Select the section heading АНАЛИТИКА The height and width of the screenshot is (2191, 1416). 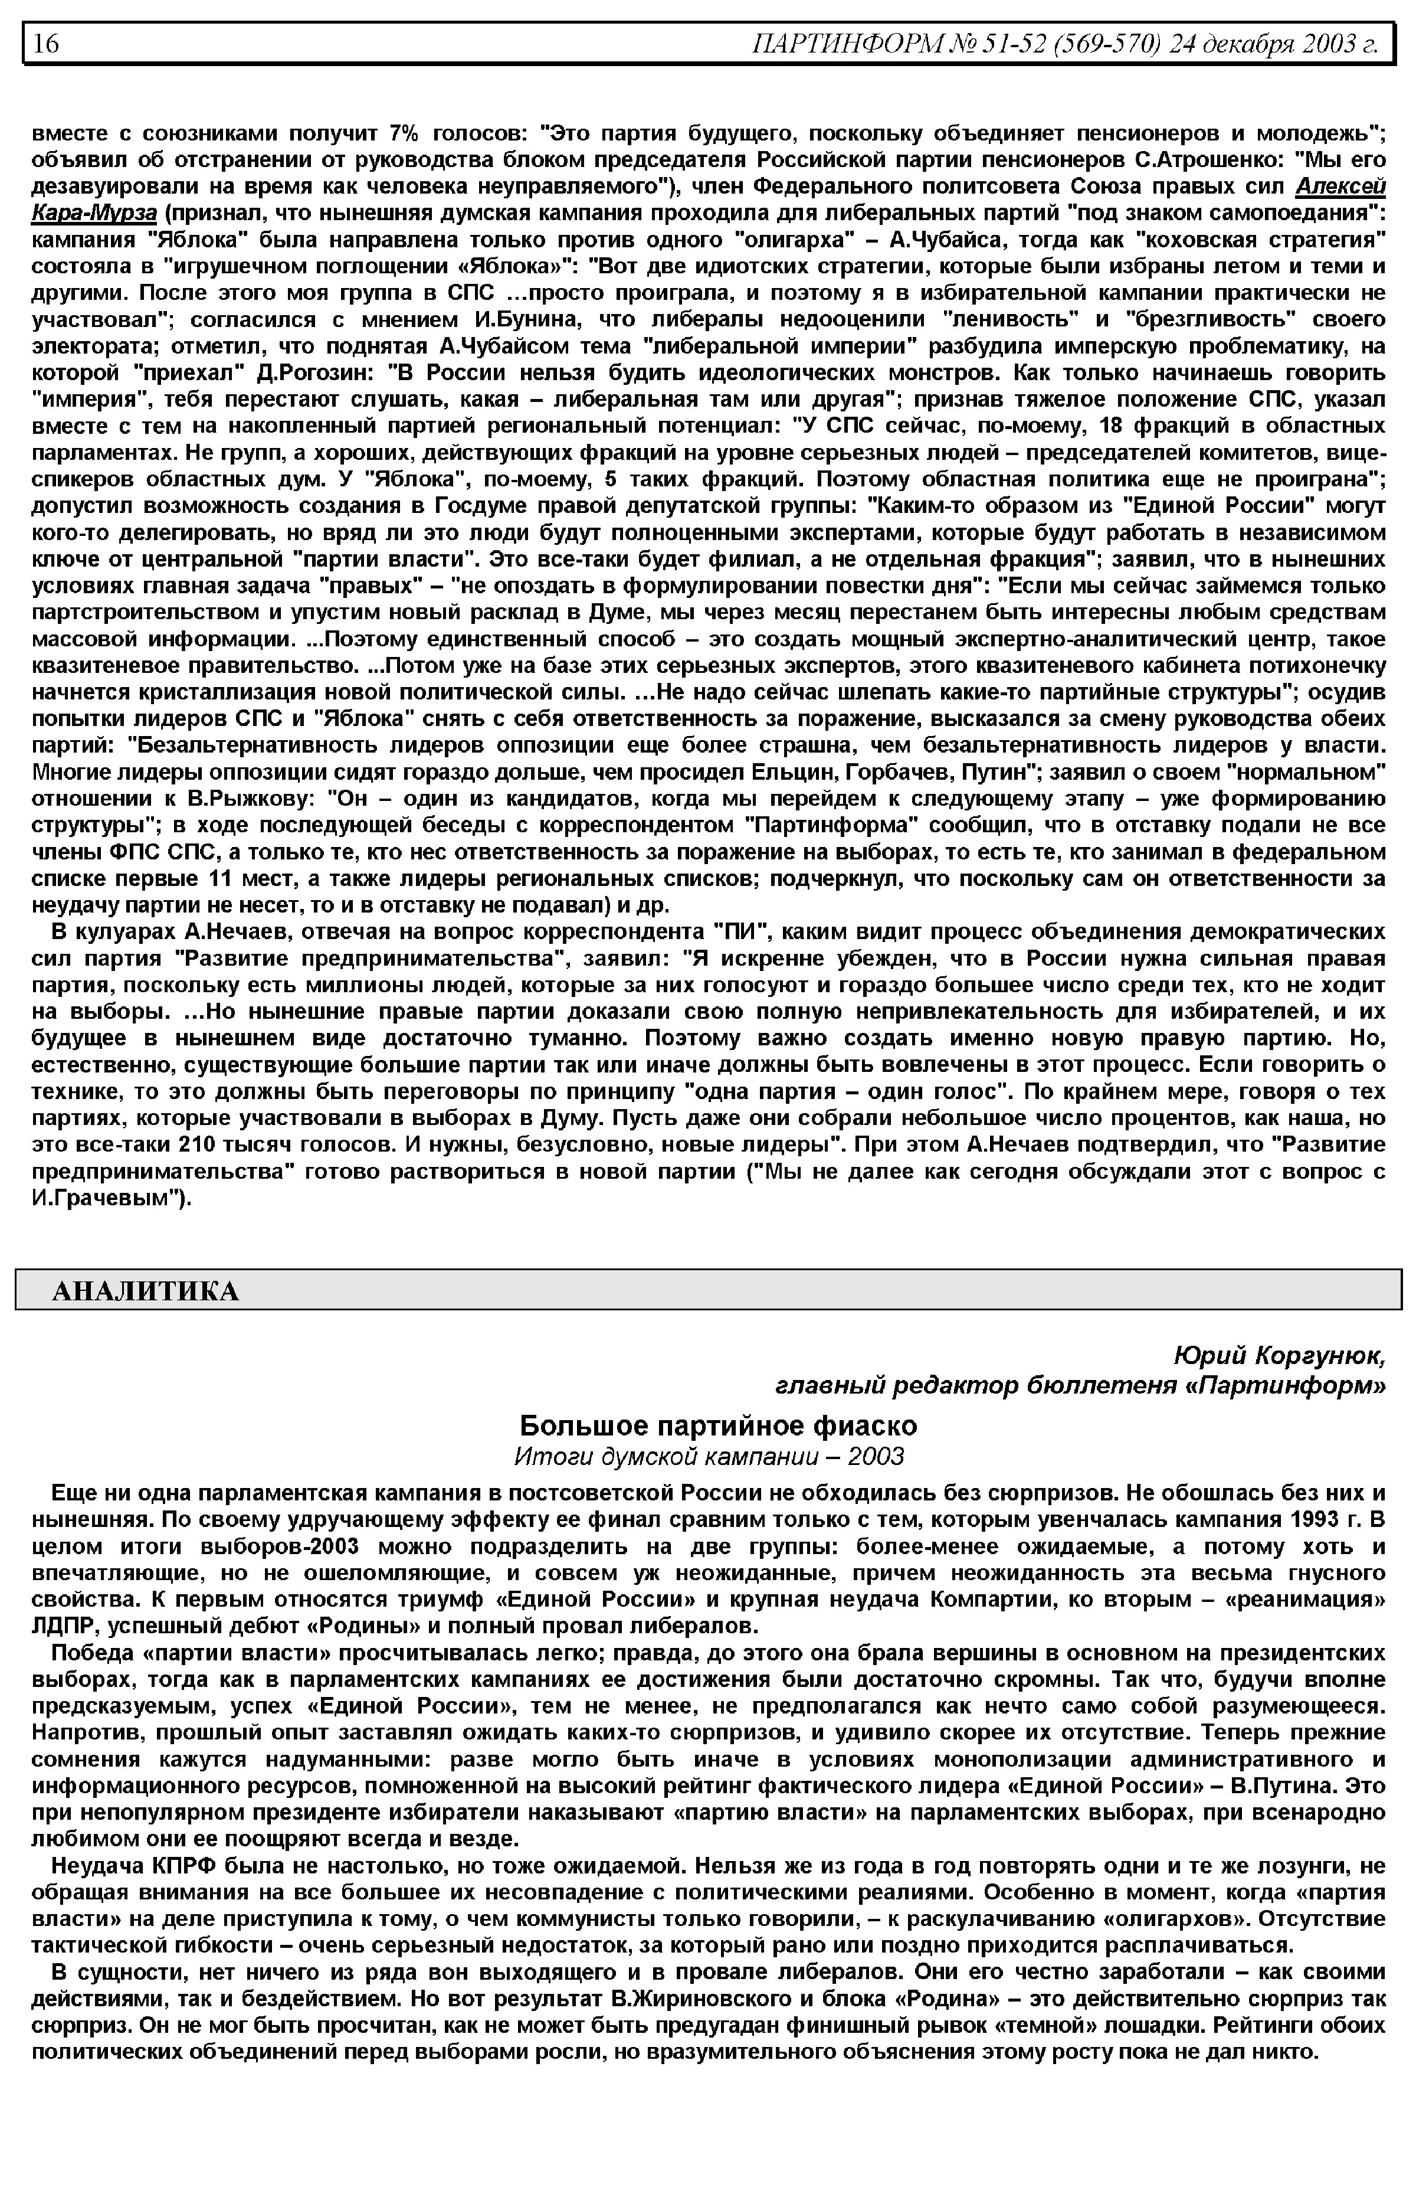[x=145, y=1292]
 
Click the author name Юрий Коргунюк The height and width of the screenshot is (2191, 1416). [x=1279, y=1356]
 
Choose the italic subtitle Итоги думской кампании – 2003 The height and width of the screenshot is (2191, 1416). [x=709, y=1457]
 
